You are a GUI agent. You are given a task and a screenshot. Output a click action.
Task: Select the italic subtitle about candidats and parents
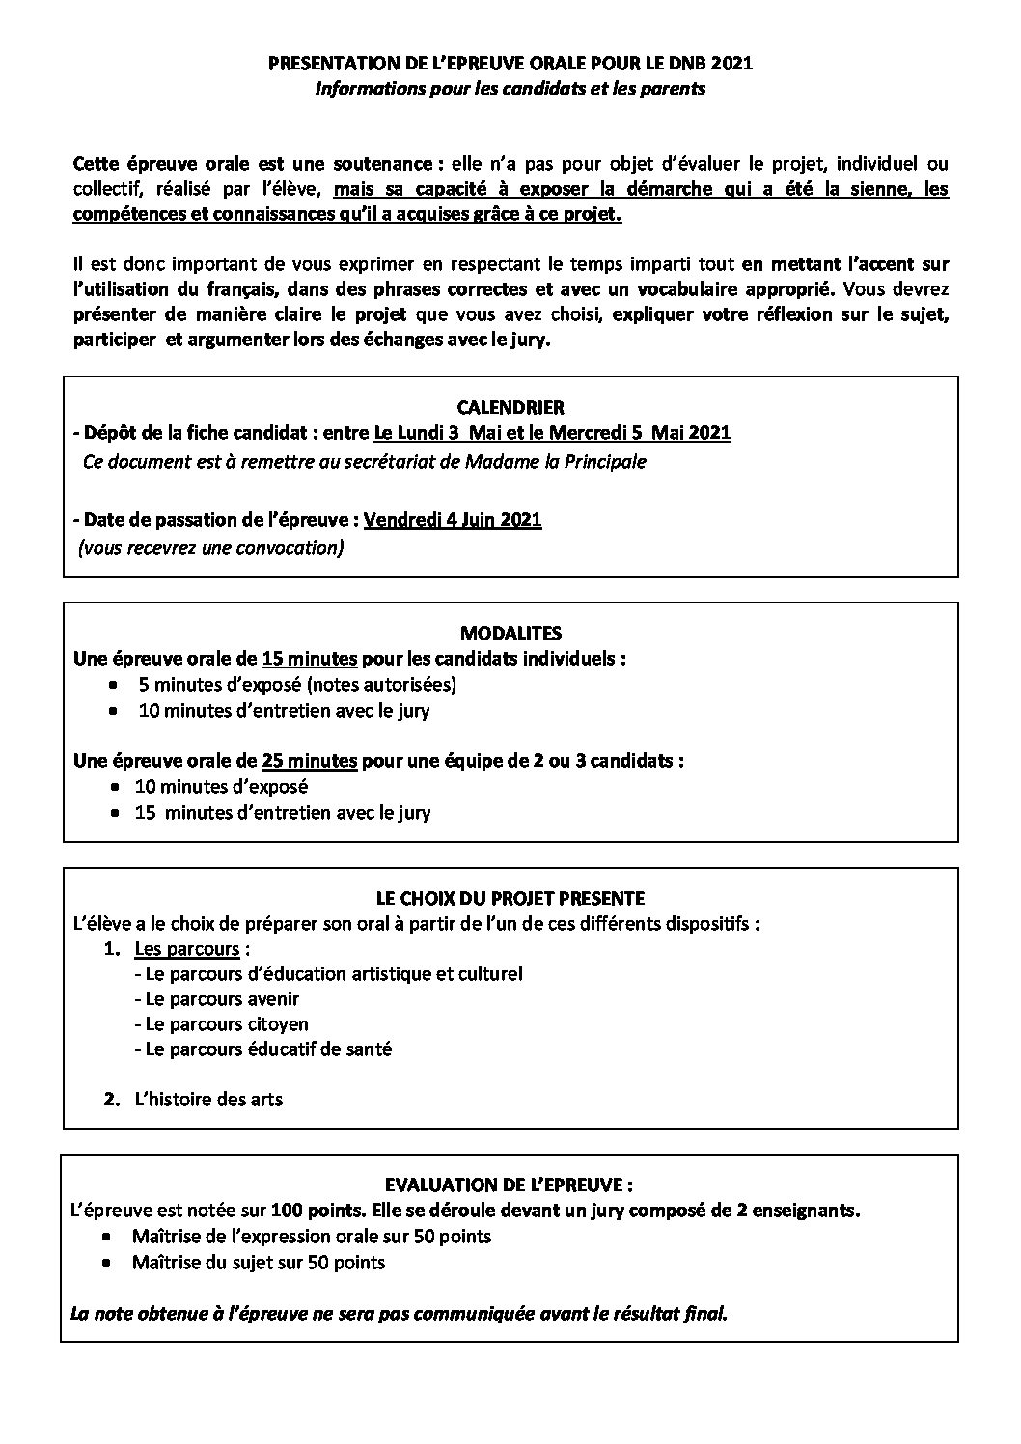pos(510,90)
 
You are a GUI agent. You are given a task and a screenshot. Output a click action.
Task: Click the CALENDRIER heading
pos(510,407)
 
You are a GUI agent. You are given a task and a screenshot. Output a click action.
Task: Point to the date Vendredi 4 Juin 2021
pos(452,520)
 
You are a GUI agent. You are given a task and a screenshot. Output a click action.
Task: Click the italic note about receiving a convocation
pos(211,548)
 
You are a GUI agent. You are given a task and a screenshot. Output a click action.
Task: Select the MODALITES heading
pos(510,634)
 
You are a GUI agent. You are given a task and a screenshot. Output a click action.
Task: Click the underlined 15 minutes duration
pos(309,660)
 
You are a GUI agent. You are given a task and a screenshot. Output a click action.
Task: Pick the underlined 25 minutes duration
pos(309,760)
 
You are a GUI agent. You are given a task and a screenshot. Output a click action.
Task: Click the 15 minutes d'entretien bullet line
pos(283,812)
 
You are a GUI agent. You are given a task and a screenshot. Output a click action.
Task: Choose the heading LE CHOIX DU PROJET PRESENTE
pos(510,898)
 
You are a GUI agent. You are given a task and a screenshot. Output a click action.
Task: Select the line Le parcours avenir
pos(217,999)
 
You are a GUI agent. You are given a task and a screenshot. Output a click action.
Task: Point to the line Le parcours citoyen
pos(222,1024)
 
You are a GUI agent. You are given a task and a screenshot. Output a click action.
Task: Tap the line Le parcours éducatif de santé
pos(263,1049)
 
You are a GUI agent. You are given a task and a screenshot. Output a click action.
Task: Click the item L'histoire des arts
pos(208,1099)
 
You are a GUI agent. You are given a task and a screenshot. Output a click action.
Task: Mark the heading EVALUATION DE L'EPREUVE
pos(510,1184)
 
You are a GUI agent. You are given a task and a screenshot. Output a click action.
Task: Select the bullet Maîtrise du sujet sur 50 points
pos(258,1262)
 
